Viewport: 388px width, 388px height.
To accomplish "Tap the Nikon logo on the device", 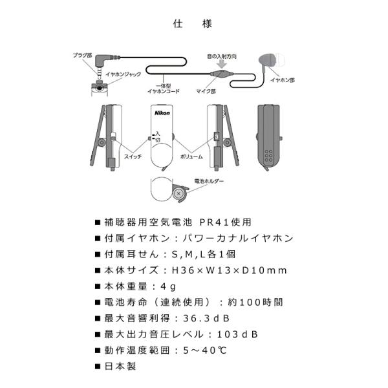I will point(163,113).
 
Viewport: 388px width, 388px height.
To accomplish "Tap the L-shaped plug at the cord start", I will point(102,62).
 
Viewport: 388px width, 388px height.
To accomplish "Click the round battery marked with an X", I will point(178,192).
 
